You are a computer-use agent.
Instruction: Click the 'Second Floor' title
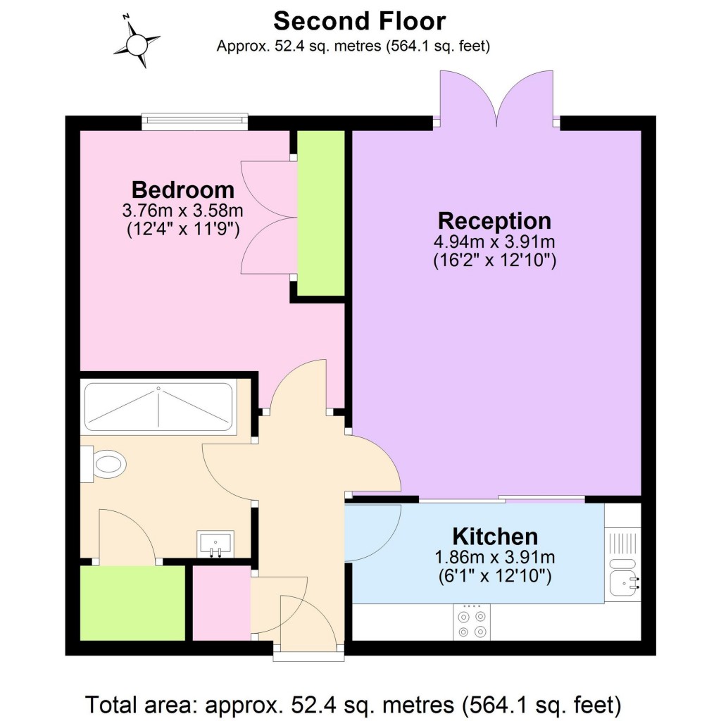[359, 21]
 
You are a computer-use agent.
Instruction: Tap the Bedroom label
[183, 189]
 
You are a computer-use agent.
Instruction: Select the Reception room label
[494, 220]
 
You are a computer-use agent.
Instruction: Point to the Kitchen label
[494, 537]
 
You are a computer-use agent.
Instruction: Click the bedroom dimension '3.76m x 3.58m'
[183, 210]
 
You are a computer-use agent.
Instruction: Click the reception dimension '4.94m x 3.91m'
[494, 242]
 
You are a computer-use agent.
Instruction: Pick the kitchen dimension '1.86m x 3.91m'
[494, 558]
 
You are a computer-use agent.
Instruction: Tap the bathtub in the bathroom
[158, 407]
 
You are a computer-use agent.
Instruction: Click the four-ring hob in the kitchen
[472, 622]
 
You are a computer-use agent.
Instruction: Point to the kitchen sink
[623, 582]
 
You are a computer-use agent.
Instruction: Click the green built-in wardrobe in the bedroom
[321, 213]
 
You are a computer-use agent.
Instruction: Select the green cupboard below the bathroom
[132, 603]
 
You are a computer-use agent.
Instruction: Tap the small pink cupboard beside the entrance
[221, 603]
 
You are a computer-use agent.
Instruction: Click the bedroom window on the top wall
[194, 123]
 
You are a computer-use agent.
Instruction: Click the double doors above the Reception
[497, 99]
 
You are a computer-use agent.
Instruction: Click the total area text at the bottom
[353, 703]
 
